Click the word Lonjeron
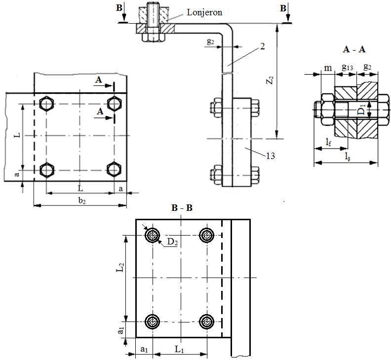pyautogui.click(x=204, y=12)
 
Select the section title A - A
pyautogui.click(x=354, y=49)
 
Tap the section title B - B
pyautogui.click(x=182, y=208)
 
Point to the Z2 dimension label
pyautogui.click(x=271, y=80)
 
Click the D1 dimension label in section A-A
pyautogui.click(x=362, y=108)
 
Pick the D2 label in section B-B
pyautogui.click(x=173, y=242)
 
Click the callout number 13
pyautogui.click(x=271, y=156)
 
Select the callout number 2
pyautogui.click(x=262, y=46)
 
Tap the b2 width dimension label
pyautogui.click(x=82, y=200)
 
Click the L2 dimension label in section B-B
pyautogui.click(x=120, y=267)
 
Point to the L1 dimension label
pyautogui.click(x=179, y=349)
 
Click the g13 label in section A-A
pyautogui.click(x=348, y=67)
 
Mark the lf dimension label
pyautogui.click(x=329, y=142)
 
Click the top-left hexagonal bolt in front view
pyautogui.click(x=46, y=104)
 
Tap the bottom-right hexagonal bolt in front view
pyautogui.click(x=114, y=170)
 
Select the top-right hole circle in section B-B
pyautogui.click(x=207, y=235)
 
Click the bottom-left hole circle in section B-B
pyautogui.click(x=153, y=322)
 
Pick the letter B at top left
pyautogui.click(x=119, y=8)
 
